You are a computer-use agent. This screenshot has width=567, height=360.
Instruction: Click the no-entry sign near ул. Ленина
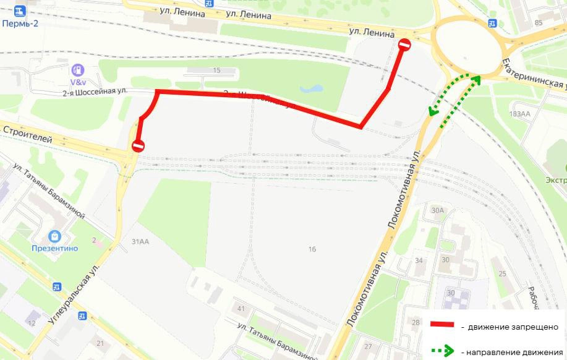click(x=404, y=45)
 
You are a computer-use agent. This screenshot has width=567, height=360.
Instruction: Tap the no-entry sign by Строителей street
click(x=138, y=146)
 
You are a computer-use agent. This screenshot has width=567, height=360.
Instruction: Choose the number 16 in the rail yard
click(x=312, y=249)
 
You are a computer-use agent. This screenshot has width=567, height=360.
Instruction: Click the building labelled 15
click(x=216, y=71)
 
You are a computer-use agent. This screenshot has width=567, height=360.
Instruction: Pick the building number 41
click(x=241, y=309)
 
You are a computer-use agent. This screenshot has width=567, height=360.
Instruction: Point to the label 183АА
click(x=520, y=114)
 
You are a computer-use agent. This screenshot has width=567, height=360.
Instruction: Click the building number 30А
click(x=438, y=210)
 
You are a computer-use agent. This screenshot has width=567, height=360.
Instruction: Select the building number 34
click(x=419, y=260)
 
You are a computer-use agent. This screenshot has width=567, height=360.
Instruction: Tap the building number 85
click(x=538, y=23)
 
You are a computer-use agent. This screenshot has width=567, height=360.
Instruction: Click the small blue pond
click(x=310, y=88)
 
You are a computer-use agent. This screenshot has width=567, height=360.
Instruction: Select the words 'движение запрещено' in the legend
click(x=509, y=326)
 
